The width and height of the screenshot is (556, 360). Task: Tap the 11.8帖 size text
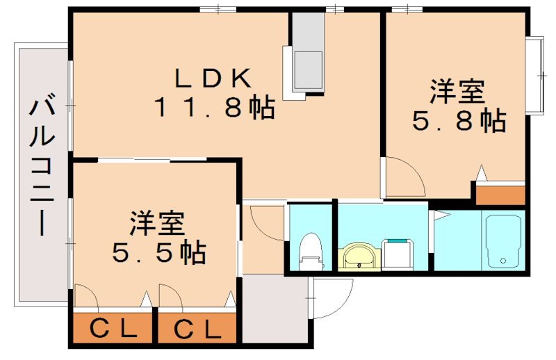click(214, 108)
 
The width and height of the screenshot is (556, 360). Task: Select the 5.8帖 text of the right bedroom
click(459, 122)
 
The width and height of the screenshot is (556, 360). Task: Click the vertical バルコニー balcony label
click(43, 167)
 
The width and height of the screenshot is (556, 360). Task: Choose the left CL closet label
click(111, 328)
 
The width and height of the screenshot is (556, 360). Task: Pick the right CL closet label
click(197, 328)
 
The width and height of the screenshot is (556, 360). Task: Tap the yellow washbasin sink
click(359, 255)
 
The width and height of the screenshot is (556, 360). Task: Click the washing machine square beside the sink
click(400, 254)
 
